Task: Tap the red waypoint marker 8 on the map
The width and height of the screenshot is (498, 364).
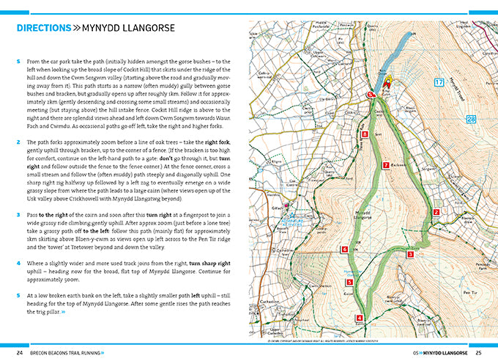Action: pyautogui.click(x=365, y=135)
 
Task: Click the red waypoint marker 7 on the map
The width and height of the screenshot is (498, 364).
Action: pyautogui.click(x=385, y=166)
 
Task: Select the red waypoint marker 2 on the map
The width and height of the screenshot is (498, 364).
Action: pyautogui.click(x=436, y=212)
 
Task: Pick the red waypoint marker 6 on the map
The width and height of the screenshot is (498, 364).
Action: pyautogui.click(x=344, y=250)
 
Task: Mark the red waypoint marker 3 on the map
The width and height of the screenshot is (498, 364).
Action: pyautogui.click(x=410, y=255)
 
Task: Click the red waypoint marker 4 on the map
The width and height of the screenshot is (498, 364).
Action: pyautogui.click(x=359, y=318)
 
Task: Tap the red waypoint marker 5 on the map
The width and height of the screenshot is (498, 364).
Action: pyautogui.click(x=349, y=282)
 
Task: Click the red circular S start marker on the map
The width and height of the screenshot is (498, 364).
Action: pyautogui.click(x=371, y=95)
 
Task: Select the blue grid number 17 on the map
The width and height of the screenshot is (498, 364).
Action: pyautogui.click(x=439, y=82)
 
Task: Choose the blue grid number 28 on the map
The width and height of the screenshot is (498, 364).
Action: pyautogui.click(x=472, y=120)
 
